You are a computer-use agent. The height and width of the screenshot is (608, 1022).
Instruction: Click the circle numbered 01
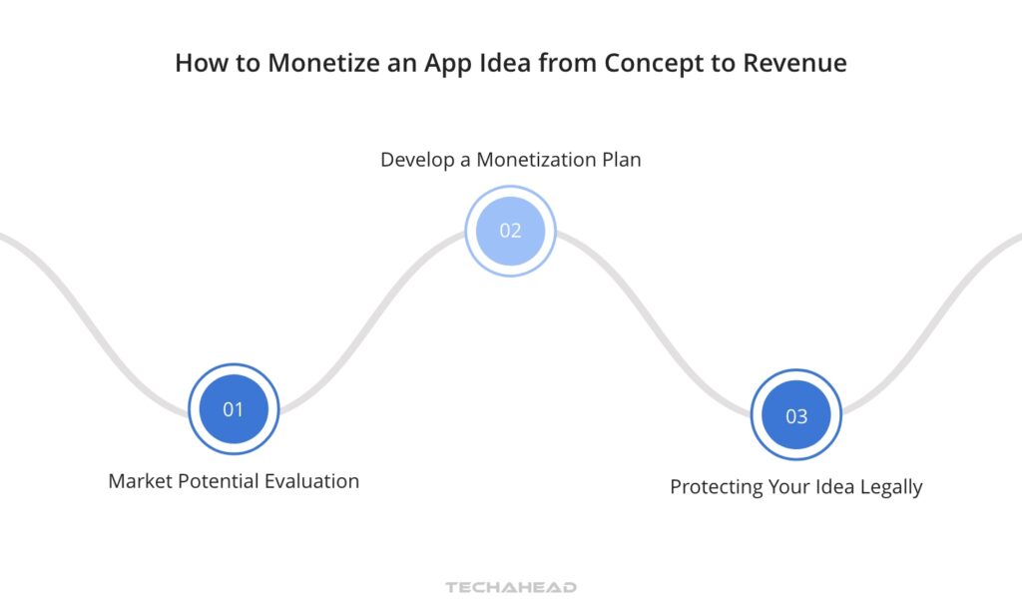pyautogui.click(x=234, y=409)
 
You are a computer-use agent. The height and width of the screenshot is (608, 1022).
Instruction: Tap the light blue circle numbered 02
pyautogui.click(x=510, y=231)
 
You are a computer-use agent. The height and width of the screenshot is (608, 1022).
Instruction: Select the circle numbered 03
pyautogui.click(x=795, y=415)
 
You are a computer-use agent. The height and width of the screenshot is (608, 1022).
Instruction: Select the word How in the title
pyautogui.click(x=197, y=63)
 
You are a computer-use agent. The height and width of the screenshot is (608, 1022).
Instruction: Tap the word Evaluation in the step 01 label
pyautogui.click(x=311, y=481)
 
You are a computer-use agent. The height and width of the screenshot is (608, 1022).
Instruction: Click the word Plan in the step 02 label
pyautogui.click(x=620, y=160)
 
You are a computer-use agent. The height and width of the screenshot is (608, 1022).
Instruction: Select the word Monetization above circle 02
pyautogui.click(x=535, y=160)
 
